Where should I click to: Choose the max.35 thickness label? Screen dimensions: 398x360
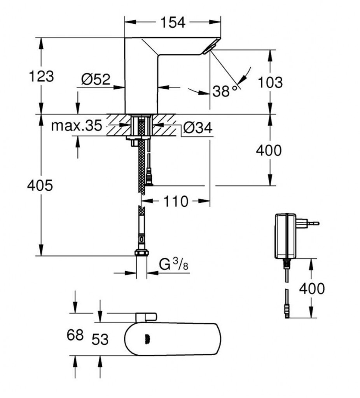click(77, 126)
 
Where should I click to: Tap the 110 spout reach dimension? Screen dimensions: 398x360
click(175, 201)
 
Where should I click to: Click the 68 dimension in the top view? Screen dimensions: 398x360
click(75, 334)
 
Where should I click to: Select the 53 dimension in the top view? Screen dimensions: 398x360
click(100, 339)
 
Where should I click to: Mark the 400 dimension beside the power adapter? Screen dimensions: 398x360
click(311, 288)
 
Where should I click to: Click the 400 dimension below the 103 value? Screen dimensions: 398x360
click(269, 150)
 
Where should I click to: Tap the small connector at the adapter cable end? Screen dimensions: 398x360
click(287, 311)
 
